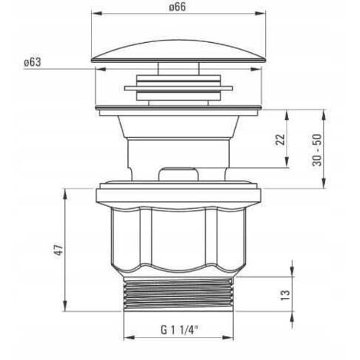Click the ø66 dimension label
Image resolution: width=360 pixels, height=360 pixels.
(178, 7)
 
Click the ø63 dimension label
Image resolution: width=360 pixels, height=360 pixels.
(32, 62)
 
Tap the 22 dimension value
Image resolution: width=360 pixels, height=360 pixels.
(280, 139)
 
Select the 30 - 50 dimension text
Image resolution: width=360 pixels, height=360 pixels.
(317, 150)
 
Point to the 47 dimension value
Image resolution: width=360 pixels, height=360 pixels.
(58, 250)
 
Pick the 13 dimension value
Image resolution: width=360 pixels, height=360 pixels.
(285, 295)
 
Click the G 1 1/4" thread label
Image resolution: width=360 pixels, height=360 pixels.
(179, 330)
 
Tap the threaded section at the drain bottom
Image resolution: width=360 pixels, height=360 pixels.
(178, 294)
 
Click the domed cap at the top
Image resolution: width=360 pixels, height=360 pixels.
(178, 51)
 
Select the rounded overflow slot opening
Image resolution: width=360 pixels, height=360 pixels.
(178, 174)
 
